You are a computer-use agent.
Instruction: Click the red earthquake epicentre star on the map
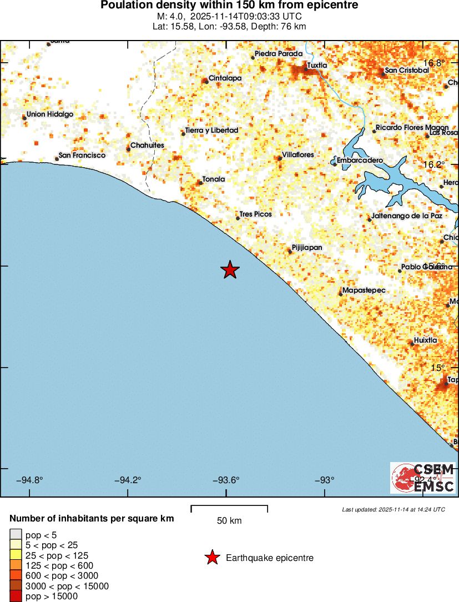tap(230, 270)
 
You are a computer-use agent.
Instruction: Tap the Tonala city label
tap(214, 179)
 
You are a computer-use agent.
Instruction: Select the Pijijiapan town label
tap(306, 248)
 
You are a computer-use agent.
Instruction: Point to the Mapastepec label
tap(364, 290)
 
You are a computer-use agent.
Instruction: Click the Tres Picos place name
tap(255, 214)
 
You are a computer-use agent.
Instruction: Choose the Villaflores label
tap(298, 154)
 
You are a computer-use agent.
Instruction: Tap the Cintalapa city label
tap(225, 78)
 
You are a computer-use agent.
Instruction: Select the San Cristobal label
tap(407, 71)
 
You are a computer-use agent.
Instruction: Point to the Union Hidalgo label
tap(50, 114)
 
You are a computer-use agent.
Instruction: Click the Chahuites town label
tap(147, 145)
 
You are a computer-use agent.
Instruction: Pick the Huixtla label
tap(426, 340)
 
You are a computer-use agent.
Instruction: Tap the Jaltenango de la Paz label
tap(407, 215)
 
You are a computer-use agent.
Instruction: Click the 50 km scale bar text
tap(229, 521)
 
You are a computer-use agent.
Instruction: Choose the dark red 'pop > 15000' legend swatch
tap(16, 596)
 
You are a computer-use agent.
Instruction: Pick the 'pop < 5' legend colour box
tap(16, 535)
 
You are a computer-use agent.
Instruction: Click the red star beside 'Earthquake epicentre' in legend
tap(212, 558)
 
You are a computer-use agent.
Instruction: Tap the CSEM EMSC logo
tap(423, 478)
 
